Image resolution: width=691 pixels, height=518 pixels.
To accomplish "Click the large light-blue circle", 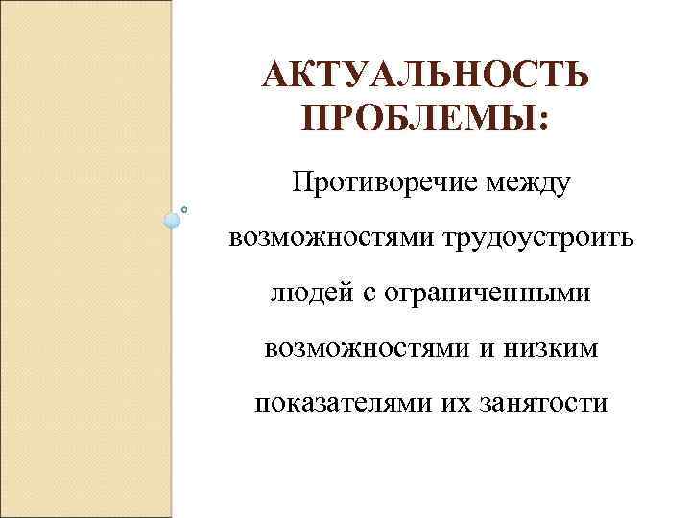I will tap(173, 220).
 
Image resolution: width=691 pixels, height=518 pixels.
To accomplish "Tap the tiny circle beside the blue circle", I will tap(183, 207).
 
